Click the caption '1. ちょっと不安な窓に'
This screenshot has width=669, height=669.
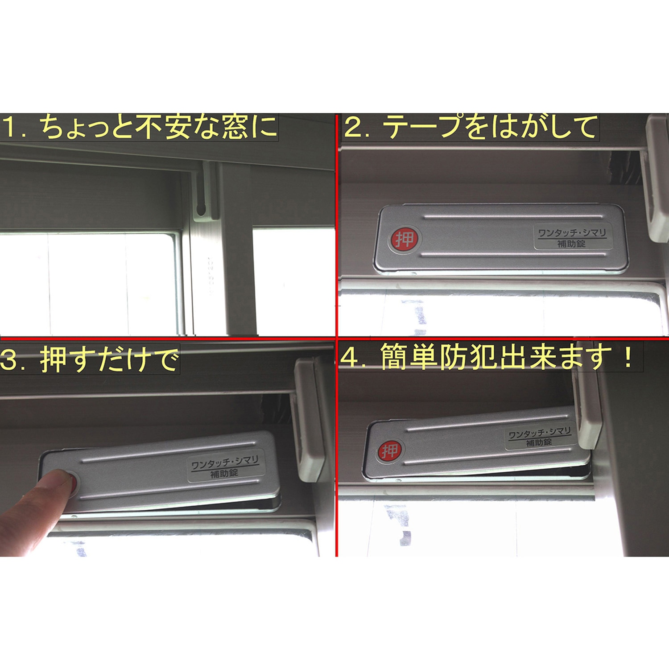point(139,127)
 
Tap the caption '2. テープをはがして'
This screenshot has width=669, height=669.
point(471,127)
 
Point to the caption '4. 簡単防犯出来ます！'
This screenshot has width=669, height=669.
point(489,358)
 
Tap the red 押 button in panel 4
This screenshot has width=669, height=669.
point(390,451)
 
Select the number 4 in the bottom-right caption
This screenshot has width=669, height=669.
point(349,359)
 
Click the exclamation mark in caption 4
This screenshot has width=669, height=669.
point(628,358)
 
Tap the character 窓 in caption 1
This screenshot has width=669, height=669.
point(235,127)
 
